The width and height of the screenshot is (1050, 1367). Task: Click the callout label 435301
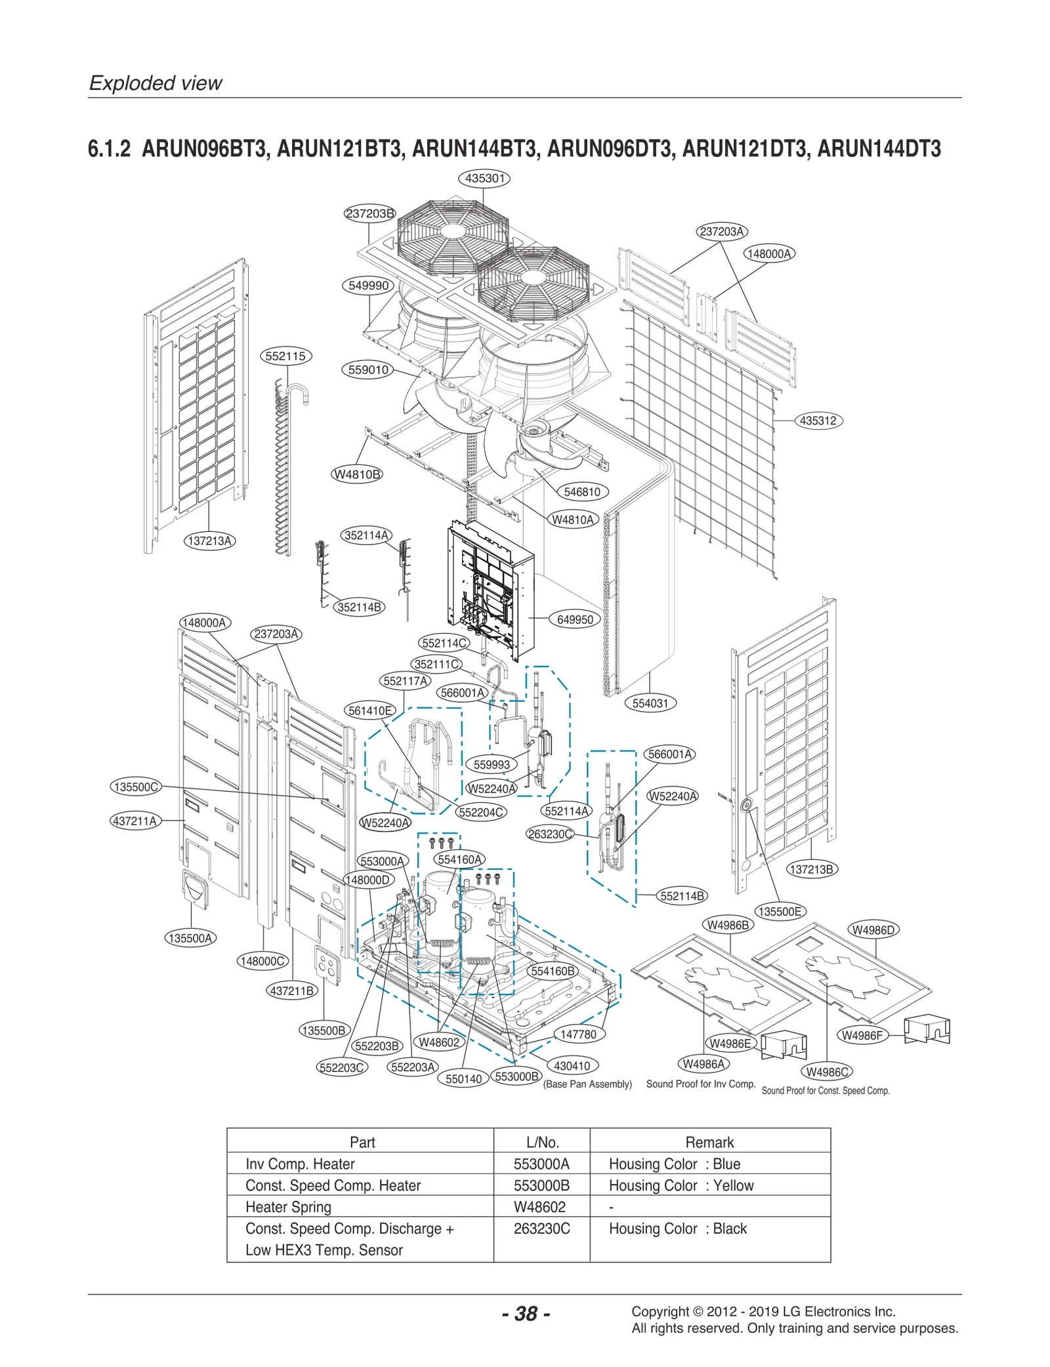(x=484, y=178)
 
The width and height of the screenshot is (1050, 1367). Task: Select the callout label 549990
(x=369, y=285)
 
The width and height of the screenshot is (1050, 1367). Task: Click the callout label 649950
(x=575, y=619)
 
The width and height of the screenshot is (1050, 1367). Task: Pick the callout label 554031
(x=650, y=703)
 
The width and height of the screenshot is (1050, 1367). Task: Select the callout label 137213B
(x=812, y=869)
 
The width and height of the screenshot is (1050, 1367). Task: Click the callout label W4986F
(x=862, y=1035)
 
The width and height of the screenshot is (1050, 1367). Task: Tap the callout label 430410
(x=572, y=1066)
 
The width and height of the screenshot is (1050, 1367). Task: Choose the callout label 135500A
(x=190, y=938)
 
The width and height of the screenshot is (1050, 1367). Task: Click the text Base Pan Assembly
(x=587, y=1084)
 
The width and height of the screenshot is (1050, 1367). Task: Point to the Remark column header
(x=709, y=1142)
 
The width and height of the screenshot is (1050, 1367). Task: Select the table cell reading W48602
(x=539, y=1207)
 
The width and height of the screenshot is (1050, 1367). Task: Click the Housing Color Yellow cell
(x=681, y=1185)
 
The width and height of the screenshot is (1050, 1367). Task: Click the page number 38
(x=526, y=1314)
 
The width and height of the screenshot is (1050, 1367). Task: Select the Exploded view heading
(x=156, y=83)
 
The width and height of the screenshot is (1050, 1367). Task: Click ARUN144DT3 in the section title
(x=879, y=149)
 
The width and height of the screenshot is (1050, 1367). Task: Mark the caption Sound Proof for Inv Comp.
(x=701, y=1084)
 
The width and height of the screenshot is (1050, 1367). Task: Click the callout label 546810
(x=582, y=492)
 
